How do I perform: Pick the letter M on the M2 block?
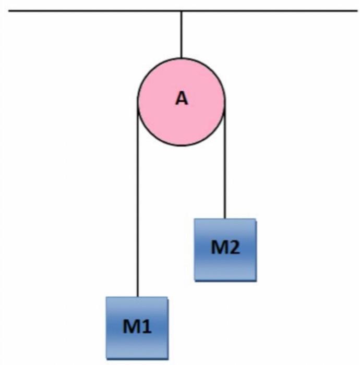tap(218, 248)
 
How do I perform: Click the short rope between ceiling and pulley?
tap(181, 34)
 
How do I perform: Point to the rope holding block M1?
tap(137, 209)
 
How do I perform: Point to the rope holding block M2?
tap(225, 167)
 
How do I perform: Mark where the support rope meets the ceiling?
tap(181, 11)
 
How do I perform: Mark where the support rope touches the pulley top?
tap(181, 58)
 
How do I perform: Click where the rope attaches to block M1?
tap(137, 297)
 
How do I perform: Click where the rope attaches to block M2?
tap(225, 218)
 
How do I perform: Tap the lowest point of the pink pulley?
tap(181, 145)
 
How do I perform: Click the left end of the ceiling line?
tap(8, 10)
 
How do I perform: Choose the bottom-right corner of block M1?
tap(167, 358)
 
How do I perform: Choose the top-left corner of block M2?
tap(195, 219)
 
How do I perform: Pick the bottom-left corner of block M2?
tap(195, 280)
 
